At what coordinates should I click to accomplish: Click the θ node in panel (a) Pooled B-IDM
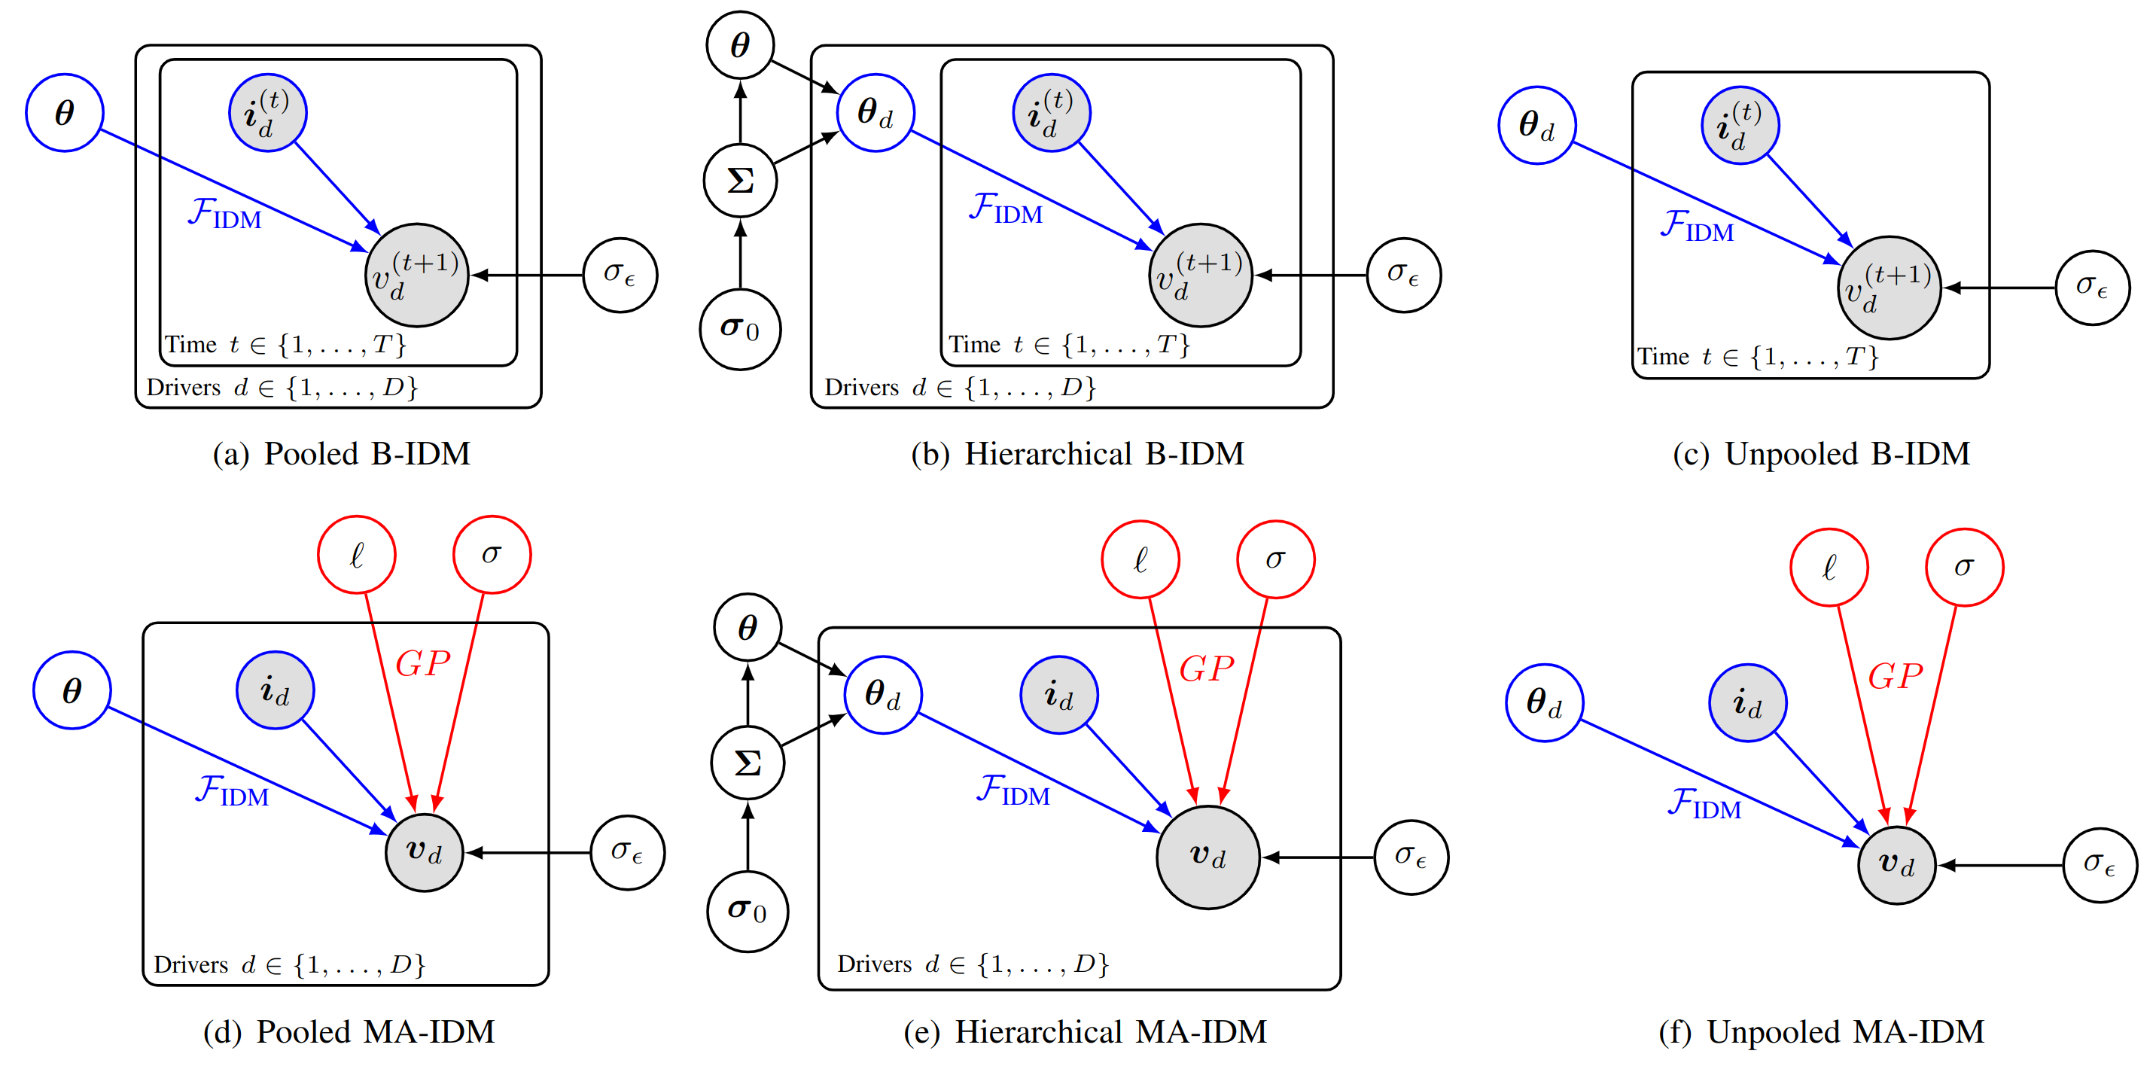(65, 113)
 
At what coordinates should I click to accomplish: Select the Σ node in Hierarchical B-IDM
(740, 180)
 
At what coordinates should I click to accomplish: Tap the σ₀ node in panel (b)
(740, 329)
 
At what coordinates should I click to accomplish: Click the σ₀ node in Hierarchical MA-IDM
(748, 911)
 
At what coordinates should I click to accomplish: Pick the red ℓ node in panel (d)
(357, 554)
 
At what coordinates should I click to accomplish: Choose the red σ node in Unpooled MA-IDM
(1963, 568)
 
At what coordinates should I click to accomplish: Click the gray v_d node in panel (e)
(1207, 857)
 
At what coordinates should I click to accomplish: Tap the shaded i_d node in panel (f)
(1747, 703)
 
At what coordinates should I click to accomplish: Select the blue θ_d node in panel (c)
(1536, 126)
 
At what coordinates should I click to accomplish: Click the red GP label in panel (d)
(422, 664)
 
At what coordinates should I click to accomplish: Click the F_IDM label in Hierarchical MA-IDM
(1013, 790)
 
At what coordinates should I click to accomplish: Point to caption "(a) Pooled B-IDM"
(342, 454)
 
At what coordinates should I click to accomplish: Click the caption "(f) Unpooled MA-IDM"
(1821, 1031)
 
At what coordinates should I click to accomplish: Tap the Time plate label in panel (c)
(1758, 358)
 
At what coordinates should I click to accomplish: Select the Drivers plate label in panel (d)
(289, 964)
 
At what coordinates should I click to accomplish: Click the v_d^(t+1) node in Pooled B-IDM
(416, 276)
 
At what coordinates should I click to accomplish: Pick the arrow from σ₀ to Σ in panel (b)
(740, 255)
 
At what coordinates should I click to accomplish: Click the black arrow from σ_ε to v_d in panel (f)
(2000, 866)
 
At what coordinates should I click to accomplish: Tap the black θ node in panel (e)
(748, 627)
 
